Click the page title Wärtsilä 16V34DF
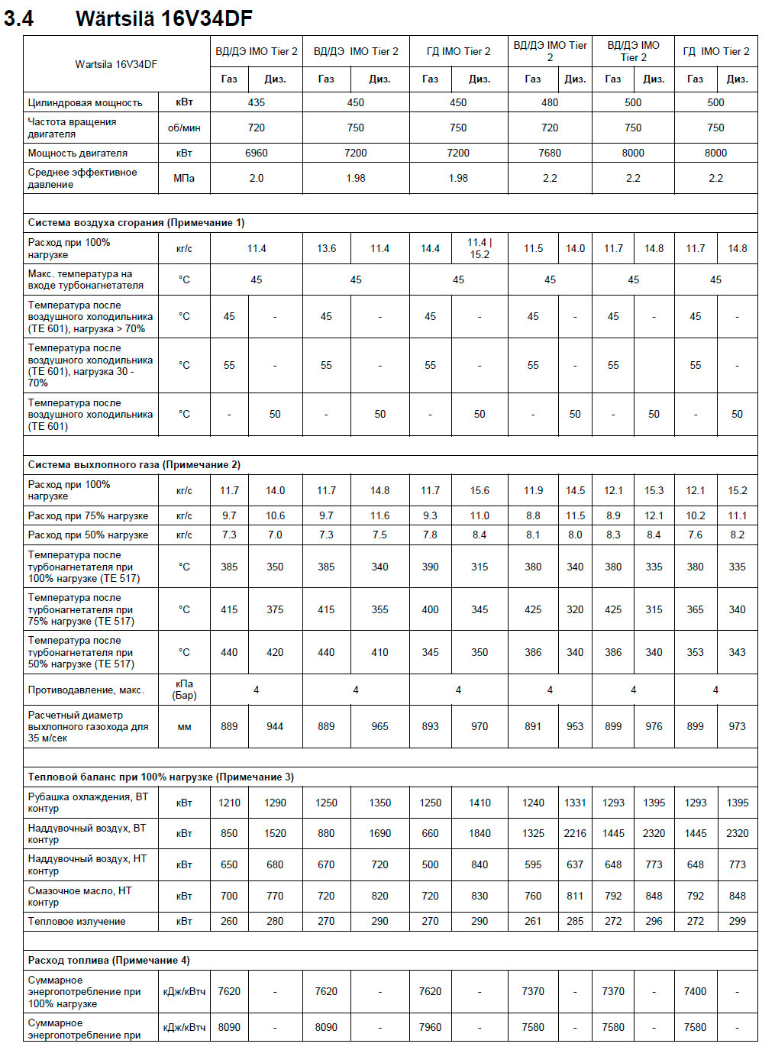[163, 18]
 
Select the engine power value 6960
[257, 153]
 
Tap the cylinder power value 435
[257, 102]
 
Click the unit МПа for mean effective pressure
[184, 178]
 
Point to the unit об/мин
[184, 128]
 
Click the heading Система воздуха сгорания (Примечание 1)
[136, 222]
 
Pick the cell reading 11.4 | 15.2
[480, 248]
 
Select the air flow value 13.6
[326, 248]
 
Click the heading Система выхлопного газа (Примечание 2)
[134, 464]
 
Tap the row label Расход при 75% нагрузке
[88, 515]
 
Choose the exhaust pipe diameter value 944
[275, 726]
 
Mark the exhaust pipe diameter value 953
[575, 726]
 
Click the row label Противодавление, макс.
[86, 690]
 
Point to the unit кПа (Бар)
[184, 690]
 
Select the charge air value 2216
[575, 833]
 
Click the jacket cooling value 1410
[480, 803]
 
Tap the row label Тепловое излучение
[76, 921]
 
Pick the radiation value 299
[737, 921]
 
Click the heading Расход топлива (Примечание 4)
[108, 960]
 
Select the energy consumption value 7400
[695, 991]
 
